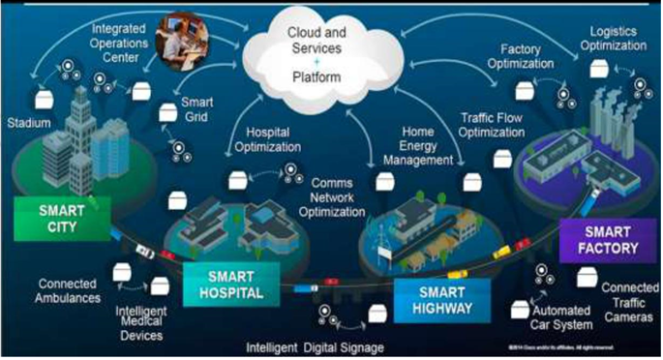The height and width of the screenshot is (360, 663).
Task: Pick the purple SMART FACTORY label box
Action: pos(602,238)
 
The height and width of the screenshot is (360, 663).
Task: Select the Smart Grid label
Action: pos(202,107)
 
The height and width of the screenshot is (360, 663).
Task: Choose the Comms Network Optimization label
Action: pos(345,196)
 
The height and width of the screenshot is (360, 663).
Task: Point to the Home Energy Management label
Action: pos(426,146)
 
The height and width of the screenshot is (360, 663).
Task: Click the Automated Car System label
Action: pos(564,319)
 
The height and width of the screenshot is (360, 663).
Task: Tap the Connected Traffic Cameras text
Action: pos(627,302)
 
